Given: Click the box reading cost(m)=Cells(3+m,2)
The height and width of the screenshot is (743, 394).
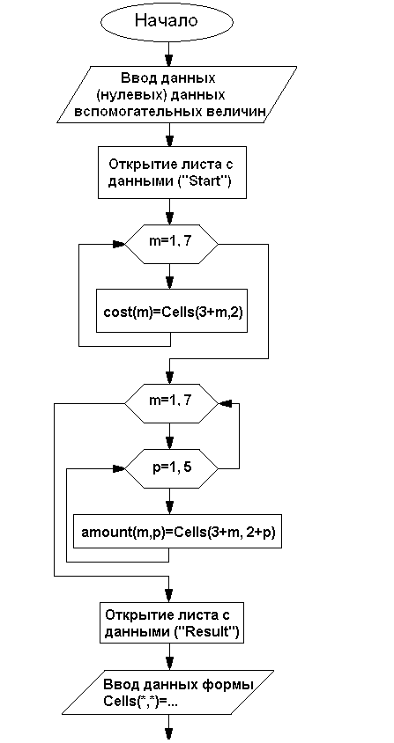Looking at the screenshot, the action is pyautogui.click(x=172, y=311).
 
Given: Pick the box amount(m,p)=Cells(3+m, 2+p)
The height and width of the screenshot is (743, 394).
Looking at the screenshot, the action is pyautogui.click(x=177, y=531).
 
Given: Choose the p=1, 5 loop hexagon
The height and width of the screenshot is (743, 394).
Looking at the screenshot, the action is pyautogui.click(x=171, y=468).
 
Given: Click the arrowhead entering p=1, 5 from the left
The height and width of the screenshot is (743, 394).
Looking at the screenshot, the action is pyautogui.click(x=119, y=468).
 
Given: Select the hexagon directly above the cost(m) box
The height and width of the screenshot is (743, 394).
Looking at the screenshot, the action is pyautogui.click(x=171, y=245).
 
